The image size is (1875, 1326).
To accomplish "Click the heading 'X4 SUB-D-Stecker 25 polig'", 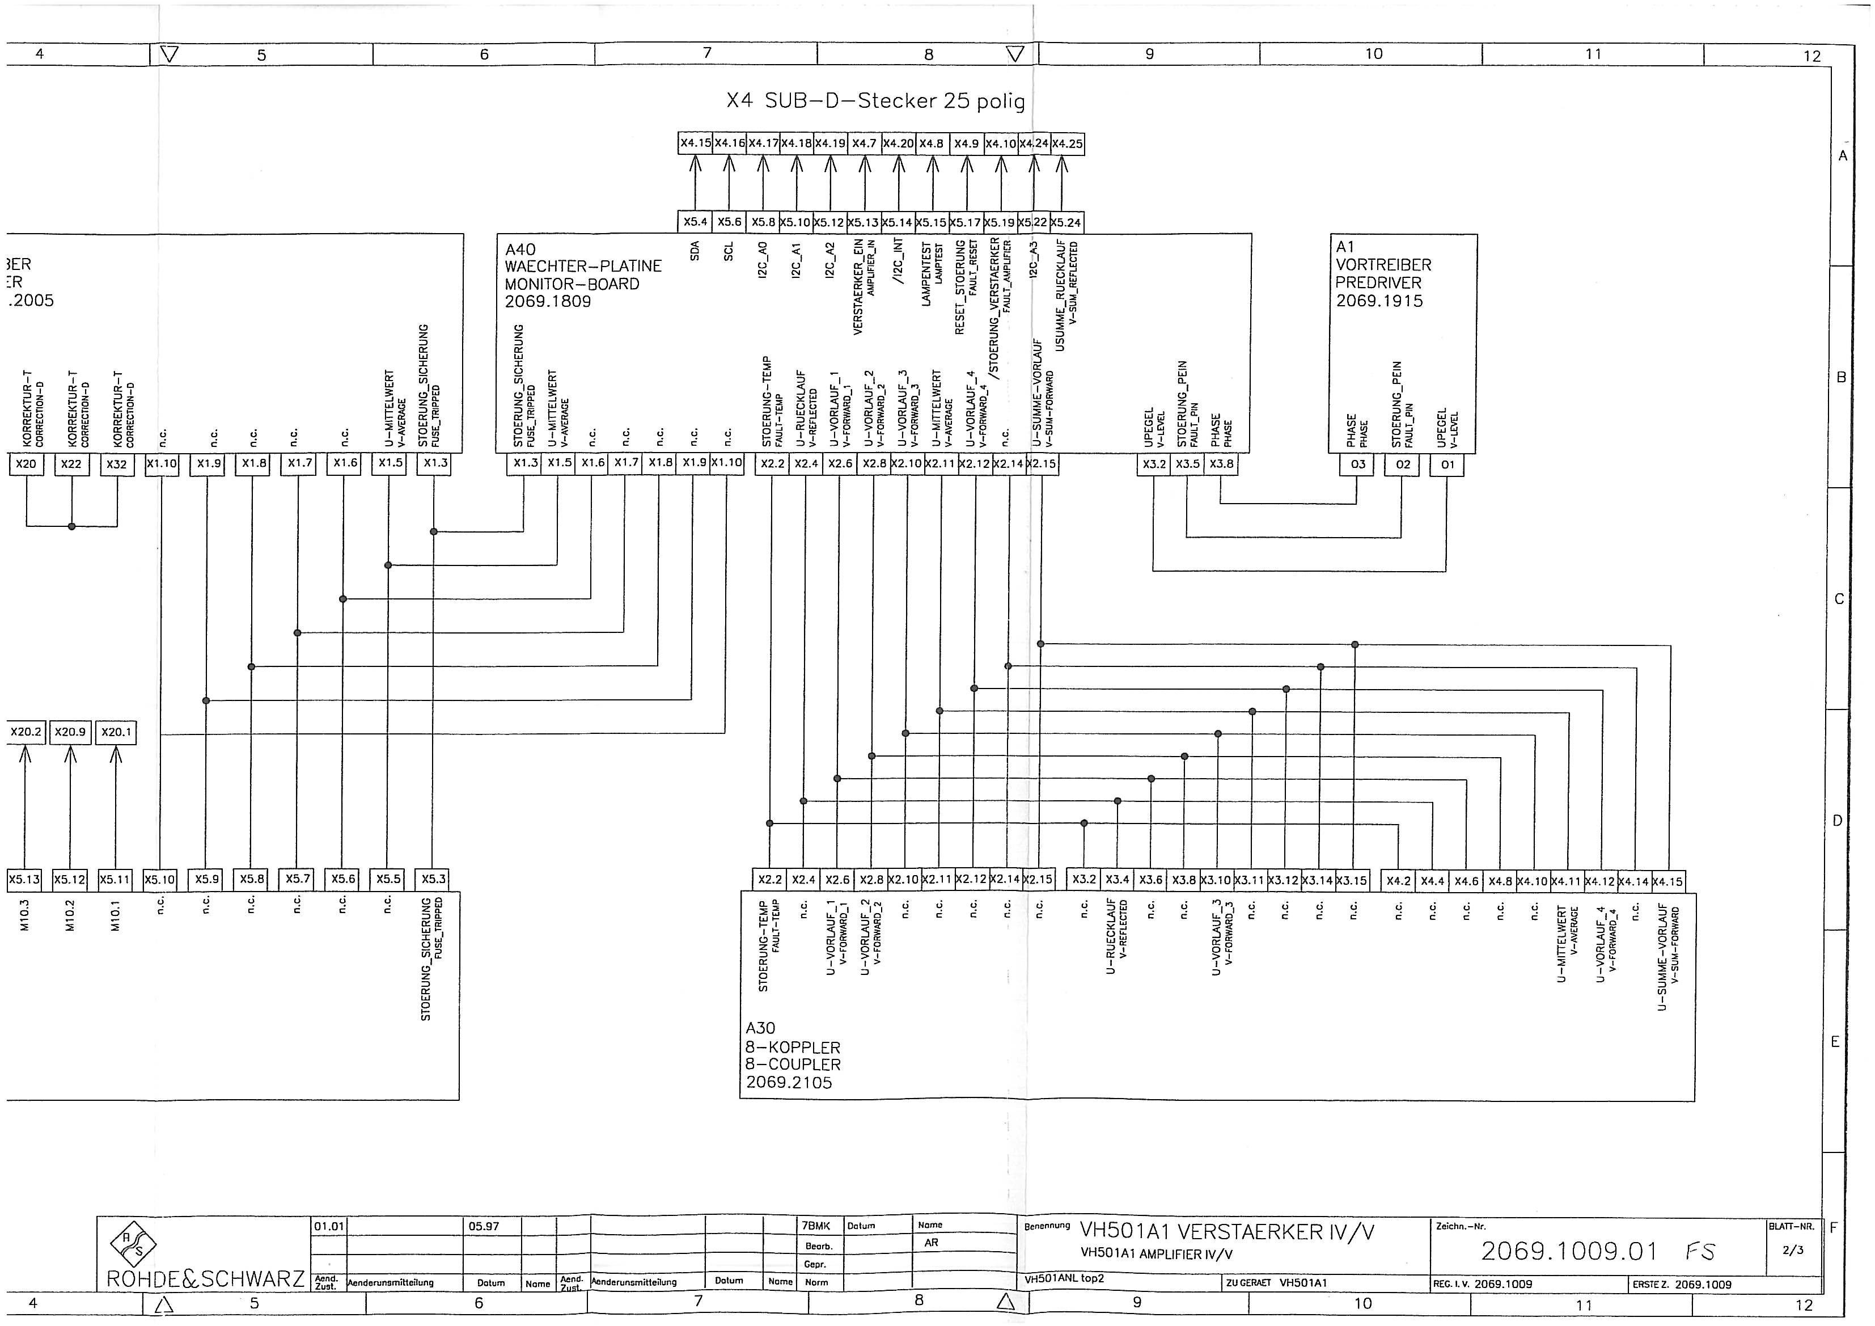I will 875,102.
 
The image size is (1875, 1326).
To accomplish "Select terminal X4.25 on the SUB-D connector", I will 1066,144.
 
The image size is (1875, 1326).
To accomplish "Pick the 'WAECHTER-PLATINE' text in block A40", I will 582,267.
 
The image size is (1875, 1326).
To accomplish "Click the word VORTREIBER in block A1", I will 1383,265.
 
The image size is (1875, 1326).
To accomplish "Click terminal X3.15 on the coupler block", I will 1352,880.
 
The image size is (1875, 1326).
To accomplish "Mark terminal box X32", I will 117,464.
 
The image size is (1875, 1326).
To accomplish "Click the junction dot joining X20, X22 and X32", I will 72,526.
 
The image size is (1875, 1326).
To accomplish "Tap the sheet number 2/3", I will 1793,1251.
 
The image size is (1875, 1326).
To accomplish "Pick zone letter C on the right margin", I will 1839,599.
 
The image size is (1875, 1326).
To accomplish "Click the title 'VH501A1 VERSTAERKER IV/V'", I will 1226,1232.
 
